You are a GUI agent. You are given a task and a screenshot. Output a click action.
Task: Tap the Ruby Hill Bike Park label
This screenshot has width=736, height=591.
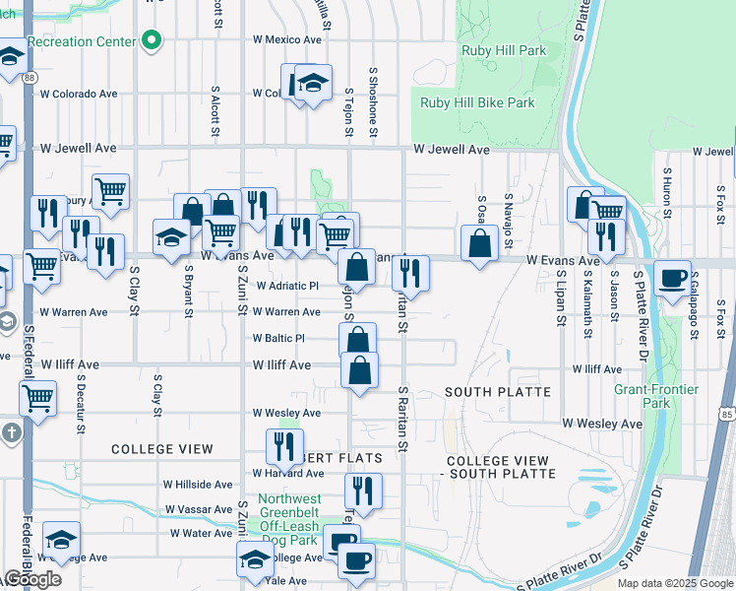(x=477, y=102)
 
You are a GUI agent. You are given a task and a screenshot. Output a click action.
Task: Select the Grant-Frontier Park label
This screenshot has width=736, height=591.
(x=656, y=396)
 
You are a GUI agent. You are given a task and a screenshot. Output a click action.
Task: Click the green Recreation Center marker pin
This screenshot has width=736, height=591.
(x=152, y=40)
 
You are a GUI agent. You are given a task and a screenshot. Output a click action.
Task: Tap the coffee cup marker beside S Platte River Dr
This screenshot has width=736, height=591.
(x=673, y=278)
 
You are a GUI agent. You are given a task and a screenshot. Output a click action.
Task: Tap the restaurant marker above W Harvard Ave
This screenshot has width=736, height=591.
(x=284, y=447)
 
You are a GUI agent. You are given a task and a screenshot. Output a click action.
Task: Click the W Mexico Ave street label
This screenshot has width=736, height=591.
(x=286, y=40)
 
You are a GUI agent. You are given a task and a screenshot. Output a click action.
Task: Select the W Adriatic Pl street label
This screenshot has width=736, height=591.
(x=287, y=286)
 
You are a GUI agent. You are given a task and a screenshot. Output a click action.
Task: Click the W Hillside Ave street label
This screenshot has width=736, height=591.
(x=198, y=485)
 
